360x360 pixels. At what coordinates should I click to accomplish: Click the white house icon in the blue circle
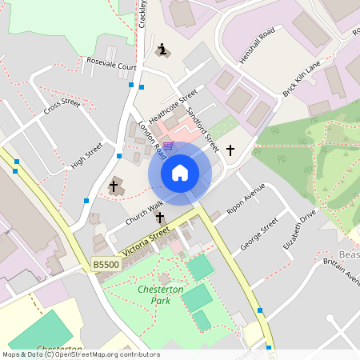pos(180,173)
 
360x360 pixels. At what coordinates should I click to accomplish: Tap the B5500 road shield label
pos(104,263)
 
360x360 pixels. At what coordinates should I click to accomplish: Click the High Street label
pos(88,154)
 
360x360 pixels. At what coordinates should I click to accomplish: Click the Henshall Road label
pos(256,45)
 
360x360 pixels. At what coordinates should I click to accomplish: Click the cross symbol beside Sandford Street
pos(230,150)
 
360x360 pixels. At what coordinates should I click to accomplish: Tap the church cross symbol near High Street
pos(114,187)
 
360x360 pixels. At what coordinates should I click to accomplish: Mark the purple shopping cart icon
pos(167,146)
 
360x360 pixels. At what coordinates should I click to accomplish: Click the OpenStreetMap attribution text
pos(81,354)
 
